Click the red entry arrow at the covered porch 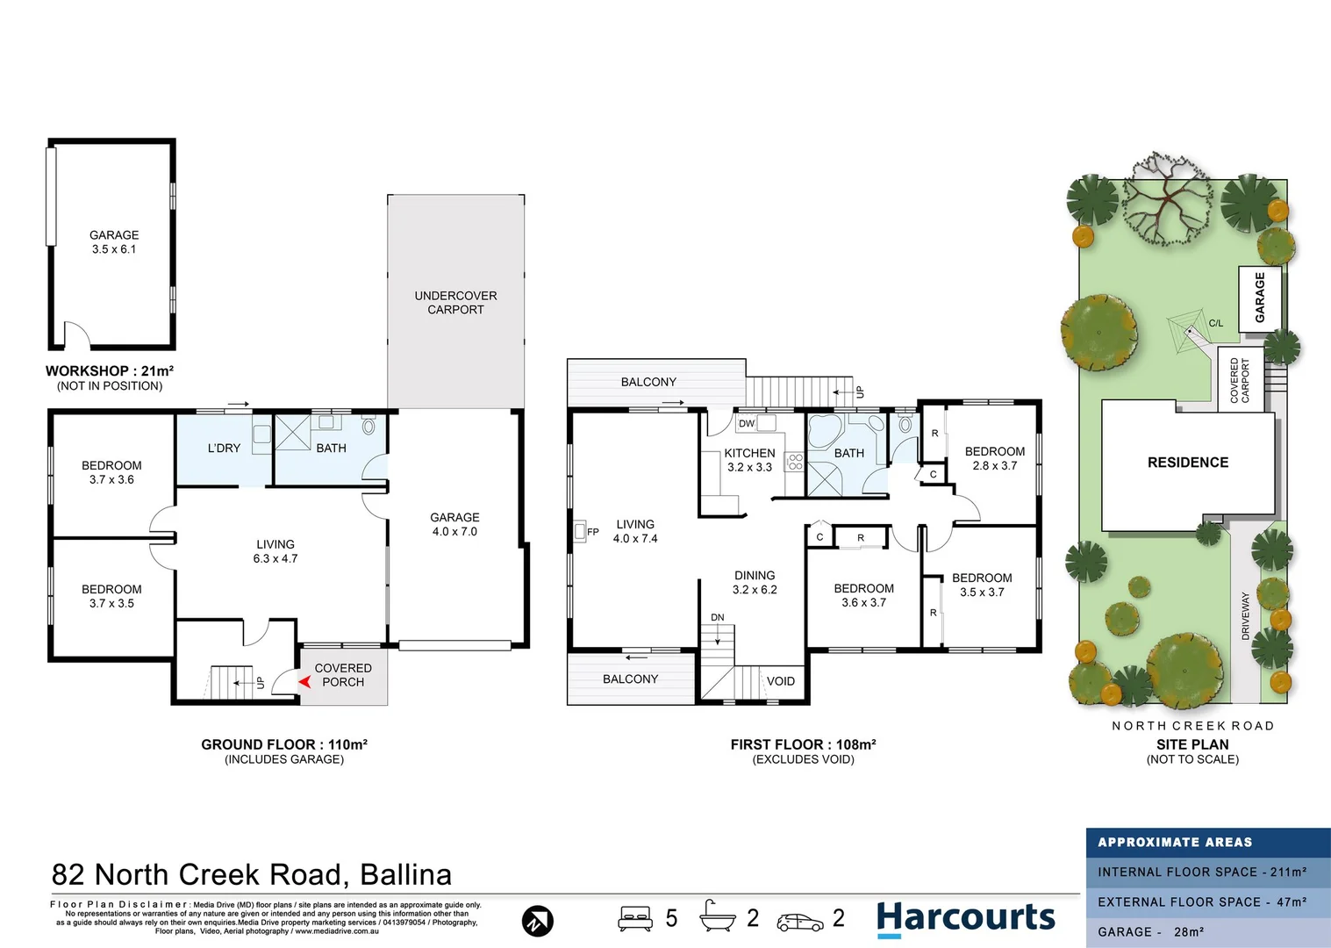304,682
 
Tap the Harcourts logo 966,918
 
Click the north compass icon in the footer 537,922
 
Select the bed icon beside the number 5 635,918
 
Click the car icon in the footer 800,923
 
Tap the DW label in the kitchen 747,424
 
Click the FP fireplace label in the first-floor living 592,532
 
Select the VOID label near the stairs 780,681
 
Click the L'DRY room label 224,449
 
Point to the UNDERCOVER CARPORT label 455,303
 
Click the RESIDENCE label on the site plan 1188,463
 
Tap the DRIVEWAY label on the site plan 1245,615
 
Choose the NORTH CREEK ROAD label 1193,726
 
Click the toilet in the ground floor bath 369,424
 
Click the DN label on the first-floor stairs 717,618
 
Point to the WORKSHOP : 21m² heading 110,371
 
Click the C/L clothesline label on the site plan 1216,323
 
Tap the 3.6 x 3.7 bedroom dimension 863,603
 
